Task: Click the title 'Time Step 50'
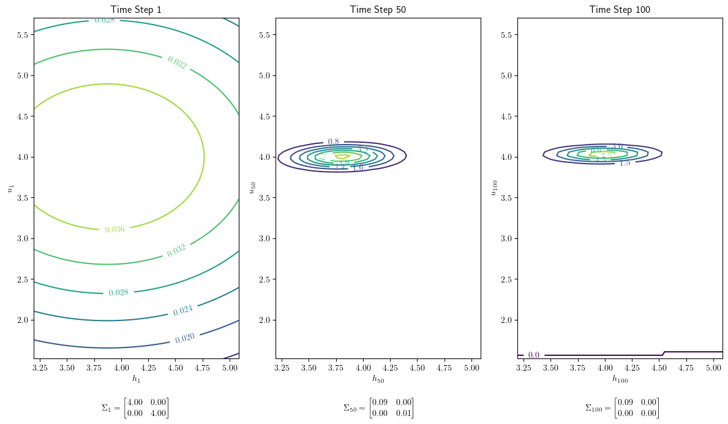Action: [378, 9]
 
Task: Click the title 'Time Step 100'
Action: [620, 9]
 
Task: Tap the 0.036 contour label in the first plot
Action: [114, 230]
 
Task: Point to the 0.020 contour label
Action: [186, 338]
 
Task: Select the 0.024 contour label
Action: [182, 311]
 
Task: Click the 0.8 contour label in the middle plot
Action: [333, 142]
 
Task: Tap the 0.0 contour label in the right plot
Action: [534, 355]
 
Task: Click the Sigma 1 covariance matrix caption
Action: [135, 407]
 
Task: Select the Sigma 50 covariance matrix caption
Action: [378, 407]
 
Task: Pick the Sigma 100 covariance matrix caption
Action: [622, 407]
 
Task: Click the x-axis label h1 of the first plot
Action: [136, 379]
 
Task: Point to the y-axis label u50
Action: [252, 187]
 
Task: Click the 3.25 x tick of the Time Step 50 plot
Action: [282, 368]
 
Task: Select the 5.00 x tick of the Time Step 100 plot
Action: [713, 368]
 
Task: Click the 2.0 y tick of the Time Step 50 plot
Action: [265, 320]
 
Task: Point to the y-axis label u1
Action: [10, 187]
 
